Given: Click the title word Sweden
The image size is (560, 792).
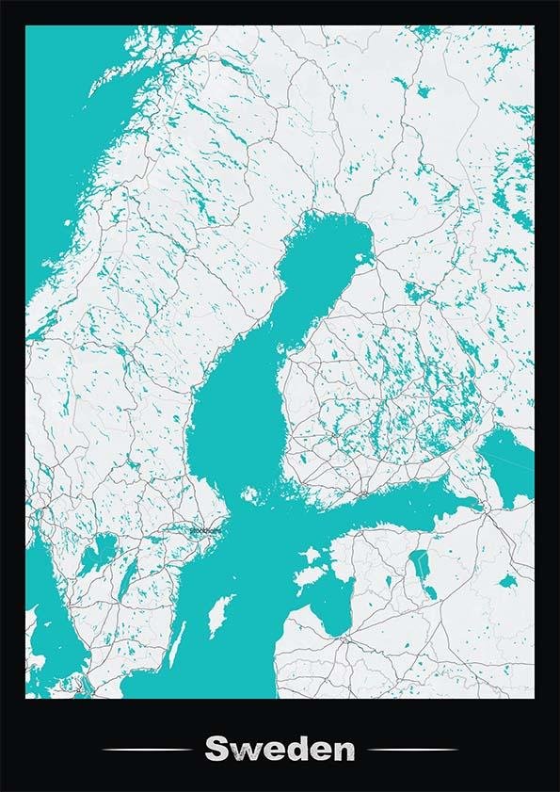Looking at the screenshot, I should [280, 751].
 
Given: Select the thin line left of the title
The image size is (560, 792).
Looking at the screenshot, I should [146, 751].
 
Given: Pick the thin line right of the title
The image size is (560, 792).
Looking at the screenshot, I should [413, 751].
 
